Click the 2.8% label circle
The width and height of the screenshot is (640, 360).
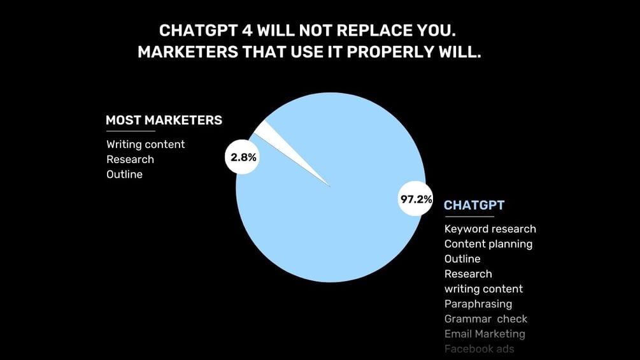point(243,157)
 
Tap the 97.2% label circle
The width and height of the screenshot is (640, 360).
point(416,199)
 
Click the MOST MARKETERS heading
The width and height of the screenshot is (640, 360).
point(164,120)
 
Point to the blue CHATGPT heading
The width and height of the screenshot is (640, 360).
point(474,205)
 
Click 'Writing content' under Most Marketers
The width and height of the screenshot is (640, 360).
point(145,145)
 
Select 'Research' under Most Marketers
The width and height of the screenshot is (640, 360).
point(130,159)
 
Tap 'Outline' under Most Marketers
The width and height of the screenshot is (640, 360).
point(124,174)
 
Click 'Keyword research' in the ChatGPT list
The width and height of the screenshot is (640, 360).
point(490,229)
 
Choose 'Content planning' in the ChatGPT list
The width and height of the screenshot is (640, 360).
point(488,244)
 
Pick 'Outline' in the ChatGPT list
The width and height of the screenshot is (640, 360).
point(462,259)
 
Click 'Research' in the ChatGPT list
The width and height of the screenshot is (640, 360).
point(468,274)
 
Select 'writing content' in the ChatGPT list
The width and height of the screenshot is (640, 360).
point(483,289)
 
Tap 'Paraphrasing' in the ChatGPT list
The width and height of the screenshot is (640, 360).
point(478,304)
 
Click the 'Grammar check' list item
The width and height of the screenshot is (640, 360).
point(485,319)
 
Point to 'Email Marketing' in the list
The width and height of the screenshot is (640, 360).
point(484,334)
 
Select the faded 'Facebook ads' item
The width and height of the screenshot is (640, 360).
point(479,349)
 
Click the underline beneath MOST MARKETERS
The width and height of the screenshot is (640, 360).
point(131,131)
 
